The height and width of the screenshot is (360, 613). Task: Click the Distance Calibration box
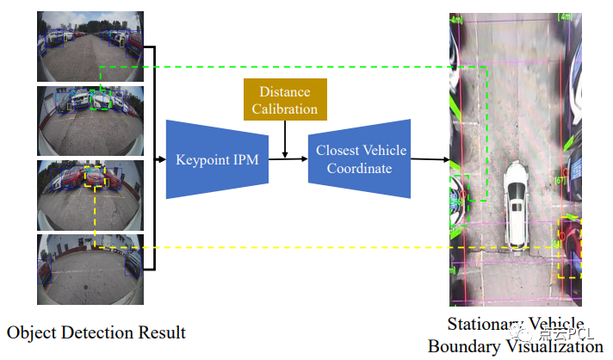284,99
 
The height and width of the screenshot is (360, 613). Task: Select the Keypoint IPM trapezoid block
217,159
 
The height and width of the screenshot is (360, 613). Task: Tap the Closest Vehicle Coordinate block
359,159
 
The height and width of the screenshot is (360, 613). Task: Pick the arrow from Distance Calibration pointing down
284,138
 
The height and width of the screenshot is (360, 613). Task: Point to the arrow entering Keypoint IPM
159,159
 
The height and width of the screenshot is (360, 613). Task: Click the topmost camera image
90,46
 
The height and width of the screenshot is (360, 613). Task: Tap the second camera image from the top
90,120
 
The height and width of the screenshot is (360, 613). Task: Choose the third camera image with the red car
90,194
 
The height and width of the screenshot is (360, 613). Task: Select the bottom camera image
90,268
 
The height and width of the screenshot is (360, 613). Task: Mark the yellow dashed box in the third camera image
95,177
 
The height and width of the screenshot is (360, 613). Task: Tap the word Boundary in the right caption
462,346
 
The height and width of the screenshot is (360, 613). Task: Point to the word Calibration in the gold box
284,109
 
